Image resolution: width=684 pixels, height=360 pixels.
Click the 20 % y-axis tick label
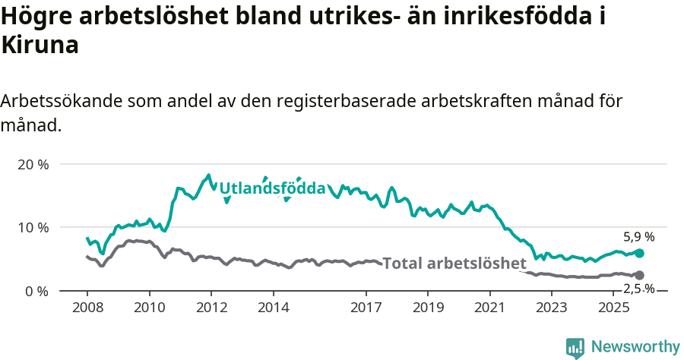[x=33, y=164]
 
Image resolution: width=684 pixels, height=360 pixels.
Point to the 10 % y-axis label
[x=33, y=227]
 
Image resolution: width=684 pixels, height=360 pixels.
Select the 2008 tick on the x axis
[x=87, y=308]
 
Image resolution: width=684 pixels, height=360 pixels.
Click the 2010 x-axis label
[x=149, y=308]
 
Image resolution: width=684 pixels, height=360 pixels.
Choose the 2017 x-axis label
[x=366, y=308]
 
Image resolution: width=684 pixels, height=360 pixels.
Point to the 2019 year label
[x=428, y=308]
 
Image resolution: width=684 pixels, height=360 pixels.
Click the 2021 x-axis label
[x=489, y=308]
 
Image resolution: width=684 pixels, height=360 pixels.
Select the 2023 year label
[x=552, y=308]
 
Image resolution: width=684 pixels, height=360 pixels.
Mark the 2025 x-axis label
[x=613, y=308]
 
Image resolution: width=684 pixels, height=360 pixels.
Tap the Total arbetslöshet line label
[x=454, y=264]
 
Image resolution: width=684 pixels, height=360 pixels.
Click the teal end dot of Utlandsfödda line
[x=639, y=253]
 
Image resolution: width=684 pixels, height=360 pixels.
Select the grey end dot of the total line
[x=639, y=275]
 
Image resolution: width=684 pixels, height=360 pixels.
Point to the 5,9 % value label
[x=638, y=237]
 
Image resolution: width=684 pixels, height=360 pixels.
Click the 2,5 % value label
[x=638, y=289]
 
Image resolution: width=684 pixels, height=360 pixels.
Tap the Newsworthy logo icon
[x=575, y=347]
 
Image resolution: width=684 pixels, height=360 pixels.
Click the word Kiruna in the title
[x=40, y=46]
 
